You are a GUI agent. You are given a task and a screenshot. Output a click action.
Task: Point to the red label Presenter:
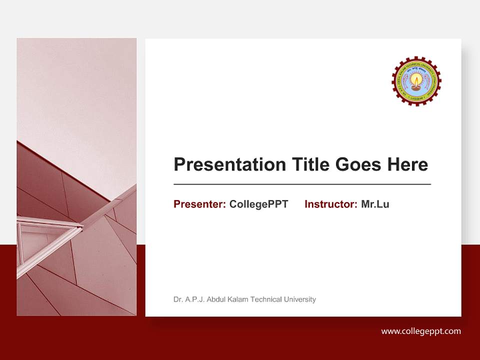tap(199, 204)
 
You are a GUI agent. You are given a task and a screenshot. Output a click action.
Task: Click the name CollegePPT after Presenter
tap(258, 204)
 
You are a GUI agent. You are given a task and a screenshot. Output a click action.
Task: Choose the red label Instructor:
tap(330, 204)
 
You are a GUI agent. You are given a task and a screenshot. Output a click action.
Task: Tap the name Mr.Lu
tap(375, 204)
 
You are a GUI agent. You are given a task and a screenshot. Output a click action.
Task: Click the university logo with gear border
tap(416, 81)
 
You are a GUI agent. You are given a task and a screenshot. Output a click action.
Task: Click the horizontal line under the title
tap(302, 184)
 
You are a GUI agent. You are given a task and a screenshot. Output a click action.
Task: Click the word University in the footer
tap(299, 299)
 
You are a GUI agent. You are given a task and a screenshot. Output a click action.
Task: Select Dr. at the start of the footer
tap(177, 299)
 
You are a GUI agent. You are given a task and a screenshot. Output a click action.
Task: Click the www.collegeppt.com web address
tap(421, 331)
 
